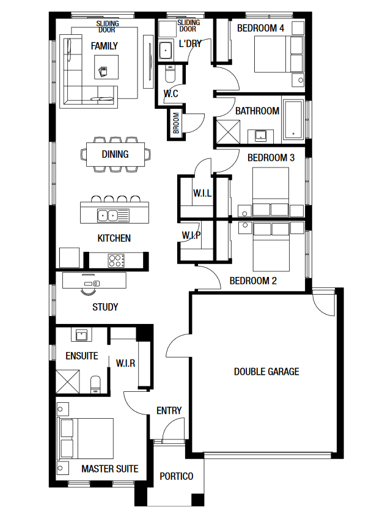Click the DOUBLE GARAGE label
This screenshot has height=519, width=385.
coord(266,372)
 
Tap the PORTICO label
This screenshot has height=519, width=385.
coord(176,476)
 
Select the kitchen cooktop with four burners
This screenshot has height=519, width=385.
coord(116,260)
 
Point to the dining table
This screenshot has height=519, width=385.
coord(116,154)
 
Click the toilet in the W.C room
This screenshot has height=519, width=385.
coord(170,74)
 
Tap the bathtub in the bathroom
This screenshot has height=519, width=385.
coord(293,120)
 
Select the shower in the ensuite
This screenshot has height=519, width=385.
coord(67,381)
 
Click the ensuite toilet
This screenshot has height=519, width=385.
coord(95,385)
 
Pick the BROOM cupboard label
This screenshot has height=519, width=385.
coord(176,123)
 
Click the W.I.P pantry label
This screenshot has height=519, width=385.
coord(191,235)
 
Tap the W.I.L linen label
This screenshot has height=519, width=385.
coord(202,193)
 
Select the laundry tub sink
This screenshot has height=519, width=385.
coord(165,51)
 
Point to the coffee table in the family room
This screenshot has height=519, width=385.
coord(106,67)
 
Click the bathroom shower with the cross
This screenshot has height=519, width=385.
coord(228,131)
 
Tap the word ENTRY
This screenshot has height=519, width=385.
coord(169,410)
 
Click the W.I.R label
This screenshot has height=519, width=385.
coord(126,363)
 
